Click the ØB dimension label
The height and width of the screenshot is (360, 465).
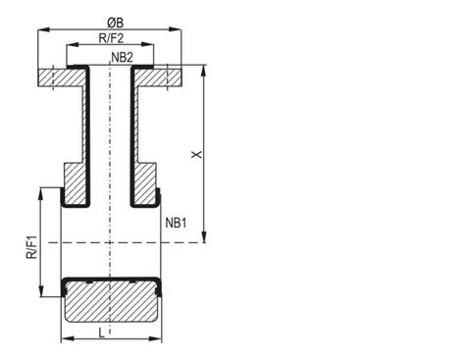[116, 23]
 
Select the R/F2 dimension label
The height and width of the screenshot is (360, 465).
[111, 38]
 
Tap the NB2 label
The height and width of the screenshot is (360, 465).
[123, 58]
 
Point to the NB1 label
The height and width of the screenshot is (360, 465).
[176, 223]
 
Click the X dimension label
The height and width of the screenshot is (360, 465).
[197, 155]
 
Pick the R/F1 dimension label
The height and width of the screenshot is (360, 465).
[31, 247]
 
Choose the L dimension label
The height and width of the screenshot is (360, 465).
[102, 334]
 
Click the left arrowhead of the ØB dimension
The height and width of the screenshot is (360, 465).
[44, 29]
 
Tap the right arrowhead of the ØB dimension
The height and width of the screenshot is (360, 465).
[175, 29]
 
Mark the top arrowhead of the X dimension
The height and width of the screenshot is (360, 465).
[204, 71]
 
